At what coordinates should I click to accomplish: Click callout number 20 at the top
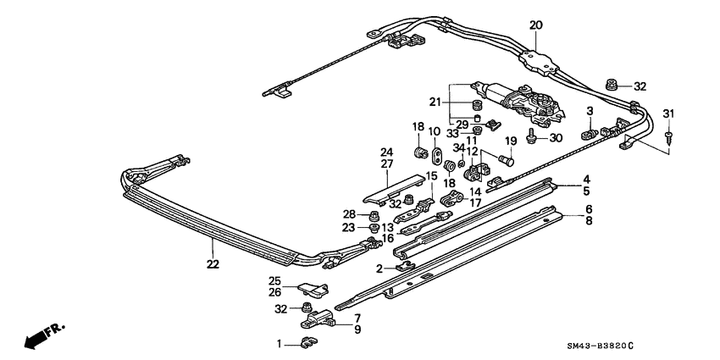534,25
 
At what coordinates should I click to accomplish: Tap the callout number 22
213,264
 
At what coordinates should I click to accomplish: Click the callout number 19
511,141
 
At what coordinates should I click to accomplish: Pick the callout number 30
556,139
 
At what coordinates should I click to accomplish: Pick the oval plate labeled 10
437,156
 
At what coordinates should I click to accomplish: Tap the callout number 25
274,281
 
